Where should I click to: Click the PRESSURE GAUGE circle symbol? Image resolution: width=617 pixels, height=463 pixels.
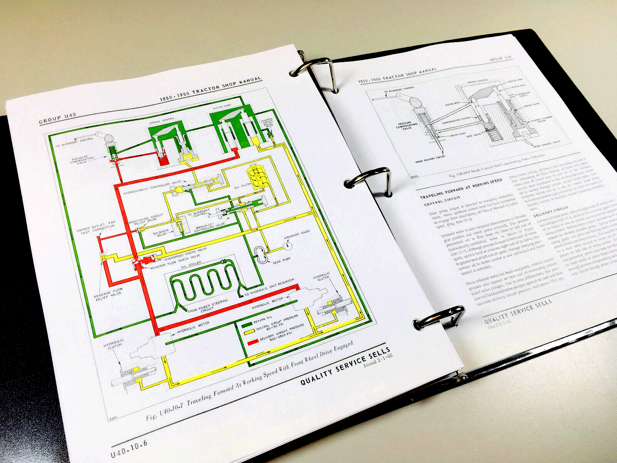(x=288, y=246)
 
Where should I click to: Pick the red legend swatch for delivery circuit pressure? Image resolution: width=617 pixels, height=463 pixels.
(x=253, y=342)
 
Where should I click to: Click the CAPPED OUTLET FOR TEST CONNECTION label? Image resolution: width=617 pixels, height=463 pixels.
(x=96, y=229)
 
